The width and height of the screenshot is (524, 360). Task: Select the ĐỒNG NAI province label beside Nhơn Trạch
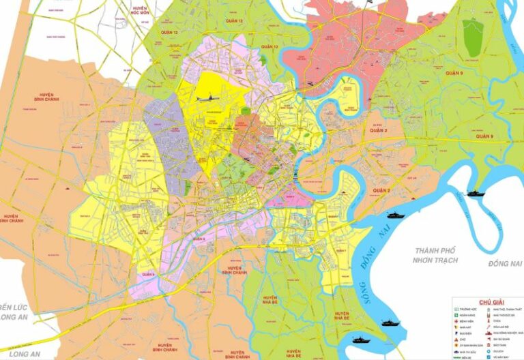click(x=504, y=263)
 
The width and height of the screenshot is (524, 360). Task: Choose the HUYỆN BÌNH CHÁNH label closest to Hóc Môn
click(x=46, y=99)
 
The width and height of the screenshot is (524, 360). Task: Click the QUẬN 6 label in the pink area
click(x=149, y=275)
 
